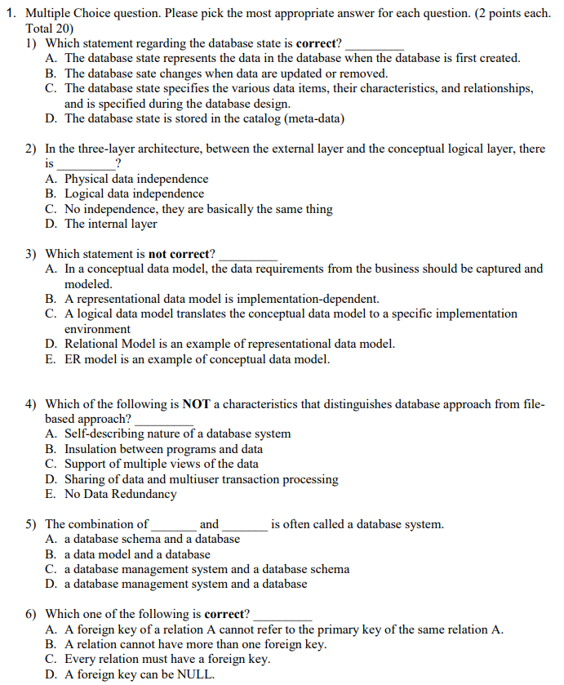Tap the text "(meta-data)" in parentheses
(x=314, y=118)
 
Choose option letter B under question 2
(x=51, y=194)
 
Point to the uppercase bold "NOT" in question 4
(x=197, y=404)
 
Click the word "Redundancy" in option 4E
(x=145, y=494)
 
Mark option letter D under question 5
(x=51, y=584)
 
